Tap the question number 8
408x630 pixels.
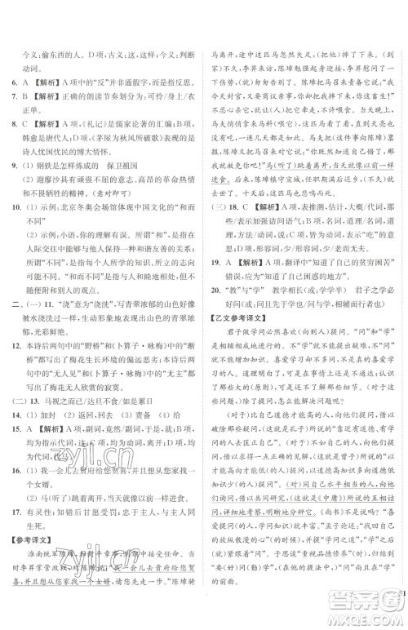click(x=16, y=124)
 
